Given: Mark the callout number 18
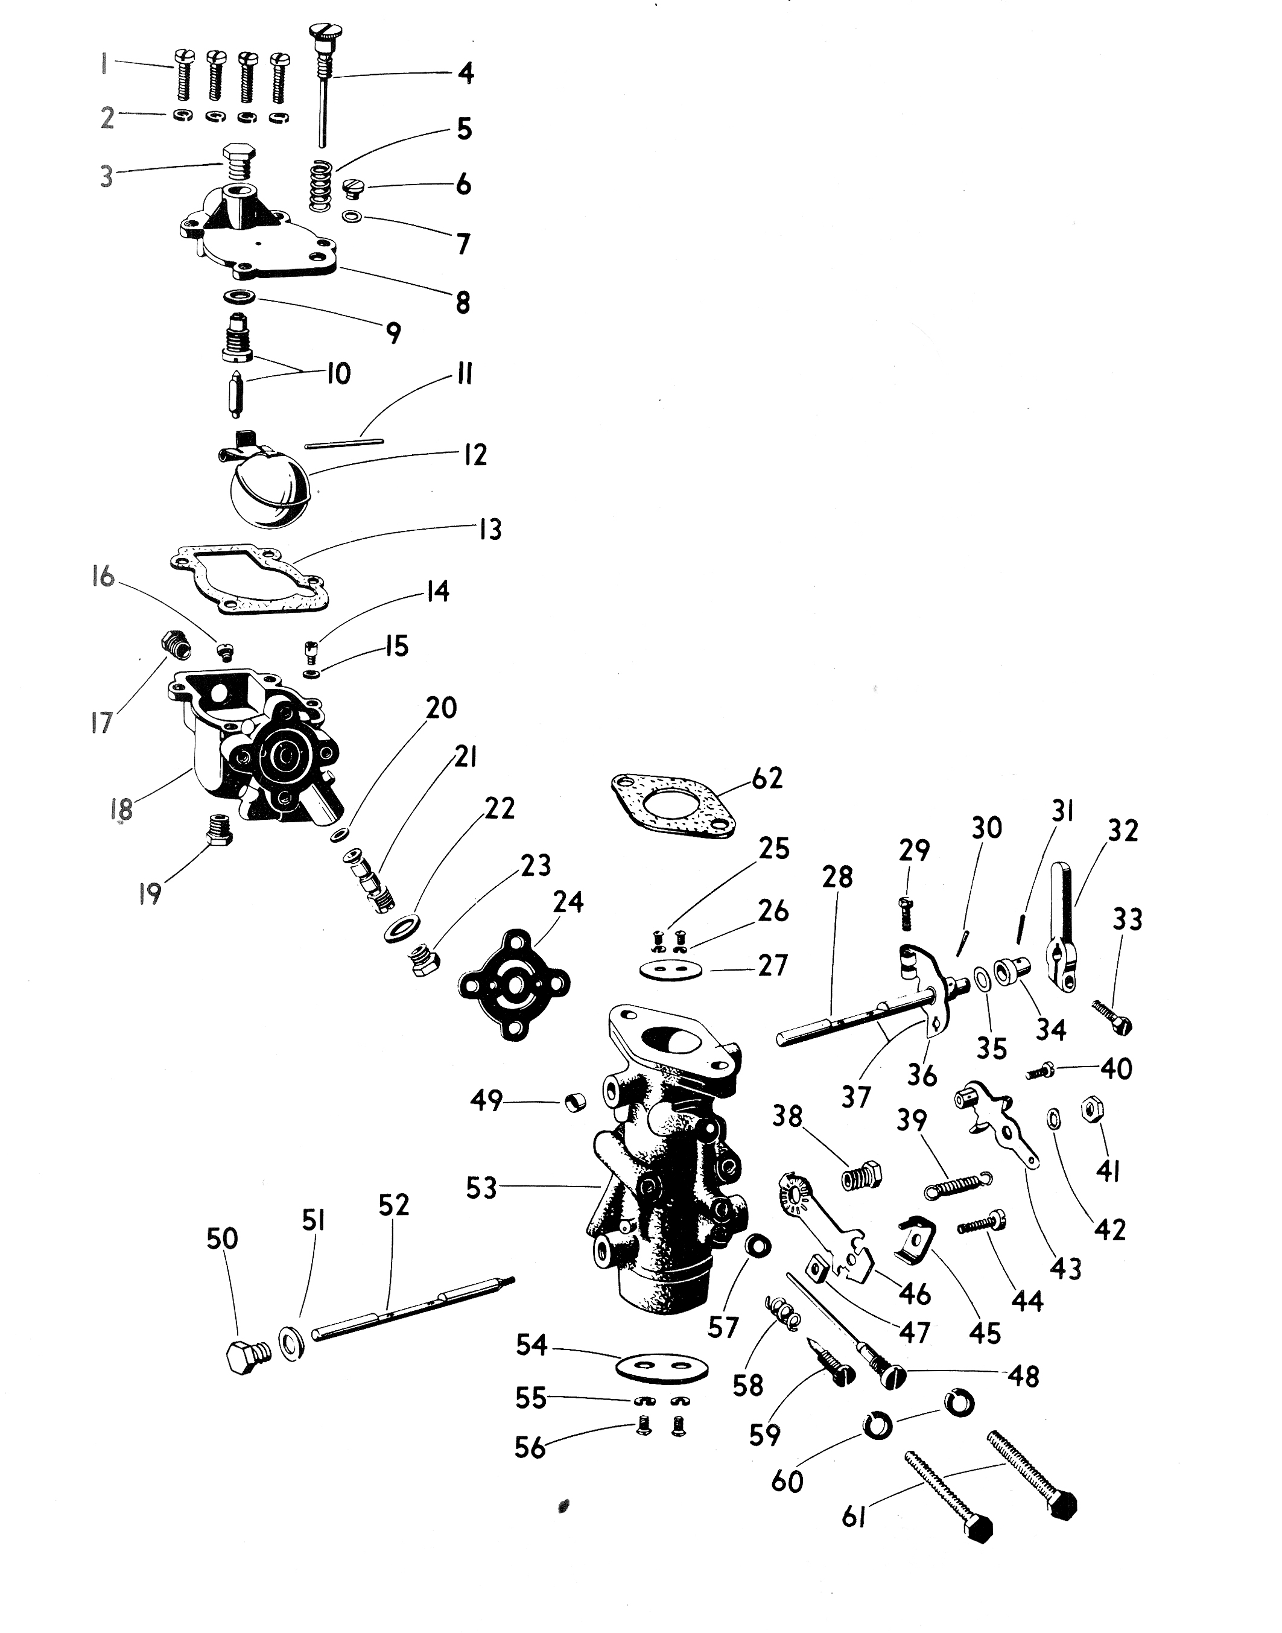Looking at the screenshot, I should pos(121,809).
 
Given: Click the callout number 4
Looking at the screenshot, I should pos(465,74).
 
